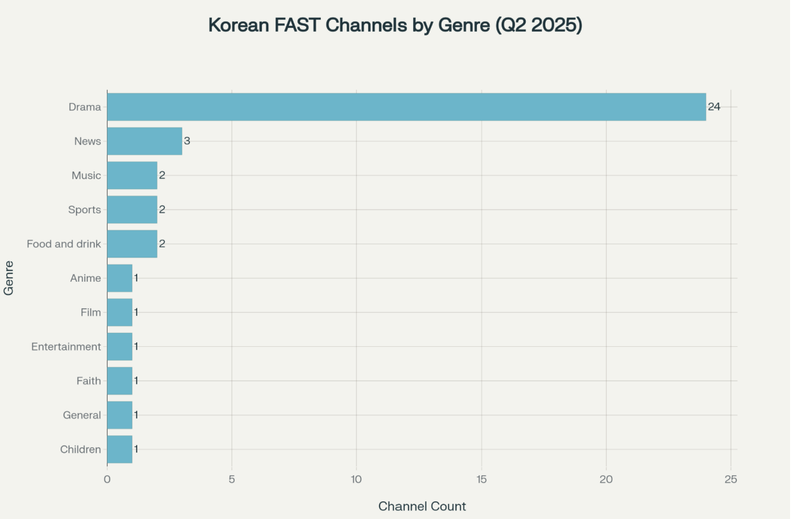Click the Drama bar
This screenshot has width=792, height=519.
point(406,107)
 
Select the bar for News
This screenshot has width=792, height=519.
point(144,141)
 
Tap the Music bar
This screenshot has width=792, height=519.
point(132,175)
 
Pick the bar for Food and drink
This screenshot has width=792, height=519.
point(132,244)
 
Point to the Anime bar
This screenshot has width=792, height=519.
point(120,278)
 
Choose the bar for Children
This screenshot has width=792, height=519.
point(120,449)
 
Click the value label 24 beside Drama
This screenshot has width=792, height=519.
point(714,107)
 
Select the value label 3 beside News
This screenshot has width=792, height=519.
point(187,141)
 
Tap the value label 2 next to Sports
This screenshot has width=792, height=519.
point(162,209)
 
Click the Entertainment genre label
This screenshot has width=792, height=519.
point(66,347)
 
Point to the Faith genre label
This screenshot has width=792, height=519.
point(89,381)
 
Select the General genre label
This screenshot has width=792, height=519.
point(82,415)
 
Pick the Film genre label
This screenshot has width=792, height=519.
point(90,313)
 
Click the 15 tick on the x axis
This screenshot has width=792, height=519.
point(481,480)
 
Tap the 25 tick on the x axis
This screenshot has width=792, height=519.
point(731,480)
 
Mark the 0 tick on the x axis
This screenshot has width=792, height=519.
point(107,480)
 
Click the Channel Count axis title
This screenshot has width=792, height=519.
point(422,506)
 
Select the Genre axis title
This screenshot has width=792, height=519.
point(9,278)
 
